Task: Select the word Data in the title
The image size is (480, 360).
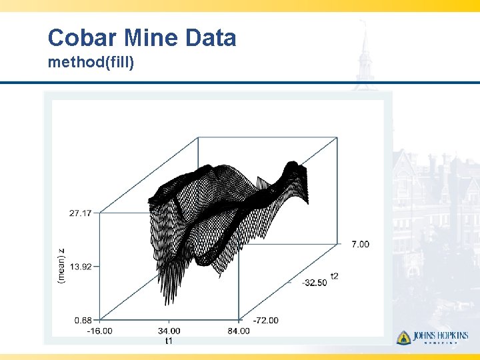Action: pos(210,37)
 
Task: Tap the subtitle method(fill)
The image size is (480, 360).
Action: pos(91,63)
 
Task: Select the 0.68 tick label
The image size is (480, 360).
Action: pos(83,320)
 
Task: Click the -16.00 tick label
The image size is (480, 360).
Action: pos(99,331)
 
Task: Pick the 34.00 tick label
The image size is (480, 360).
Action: pos(169,331)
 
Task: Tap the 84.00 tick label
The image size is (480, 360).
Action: pos(238,331)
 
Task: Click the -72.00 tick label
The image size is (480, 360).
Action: pos(265,321)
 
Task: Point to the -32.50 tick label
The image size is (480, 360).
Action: pos(314,283)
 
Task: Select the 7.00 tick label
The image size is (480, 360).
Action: pos(360,245)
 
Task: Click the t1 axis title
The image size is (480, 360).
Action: pos(169,341)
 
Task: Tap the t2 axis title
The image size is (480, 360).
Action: pos(334,275)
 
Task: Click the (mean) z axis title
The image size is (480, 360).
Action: pos(61,266)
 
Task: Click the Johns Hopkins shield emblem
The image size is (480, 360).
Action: pos(403,337)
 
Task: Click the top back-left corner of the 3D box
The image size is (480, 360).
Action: pos(199,137)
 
